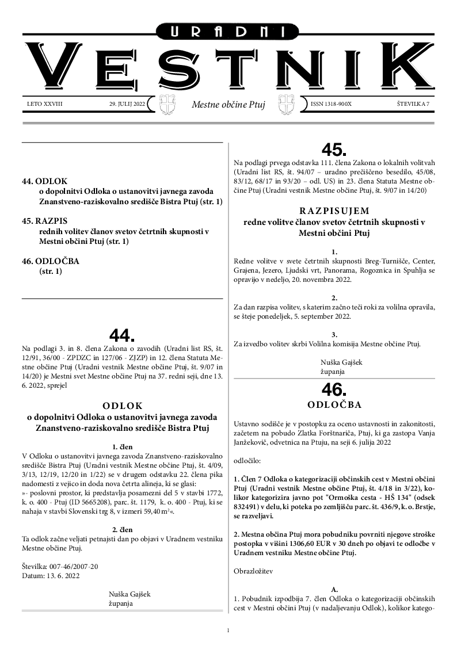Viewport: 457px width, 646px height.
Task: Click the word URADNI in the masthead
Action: click(x=228, y=32)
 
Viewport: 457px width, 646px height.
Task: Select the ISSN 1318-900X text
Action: click(x=330, y=104)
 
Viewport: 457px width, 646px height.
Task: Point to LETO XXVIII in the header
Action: click(x=44, y=104)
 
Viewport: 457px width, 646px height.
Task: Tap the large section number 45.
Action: click(x=334, y=150)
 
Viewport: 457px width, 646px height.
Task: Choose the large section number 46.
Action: click(x=334, y=389)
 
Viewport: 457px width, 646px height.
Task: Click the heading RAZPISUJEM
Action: click(x=334, y=211)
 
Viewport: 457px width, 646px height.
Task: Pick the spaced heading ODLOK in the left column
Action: click(x=122, y=405)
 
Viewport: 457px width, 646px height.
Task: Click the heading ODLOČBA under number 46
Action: click(x=334, y=404)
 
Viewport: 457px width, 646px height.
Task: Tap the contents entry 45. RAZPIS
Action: click(x=43, y=220)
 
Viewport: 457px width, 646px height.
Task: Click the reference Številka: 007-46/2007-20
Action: click(x=60, y=566)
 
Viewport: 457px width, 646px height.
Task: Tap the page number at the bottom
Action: click(x=228, y=630)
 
